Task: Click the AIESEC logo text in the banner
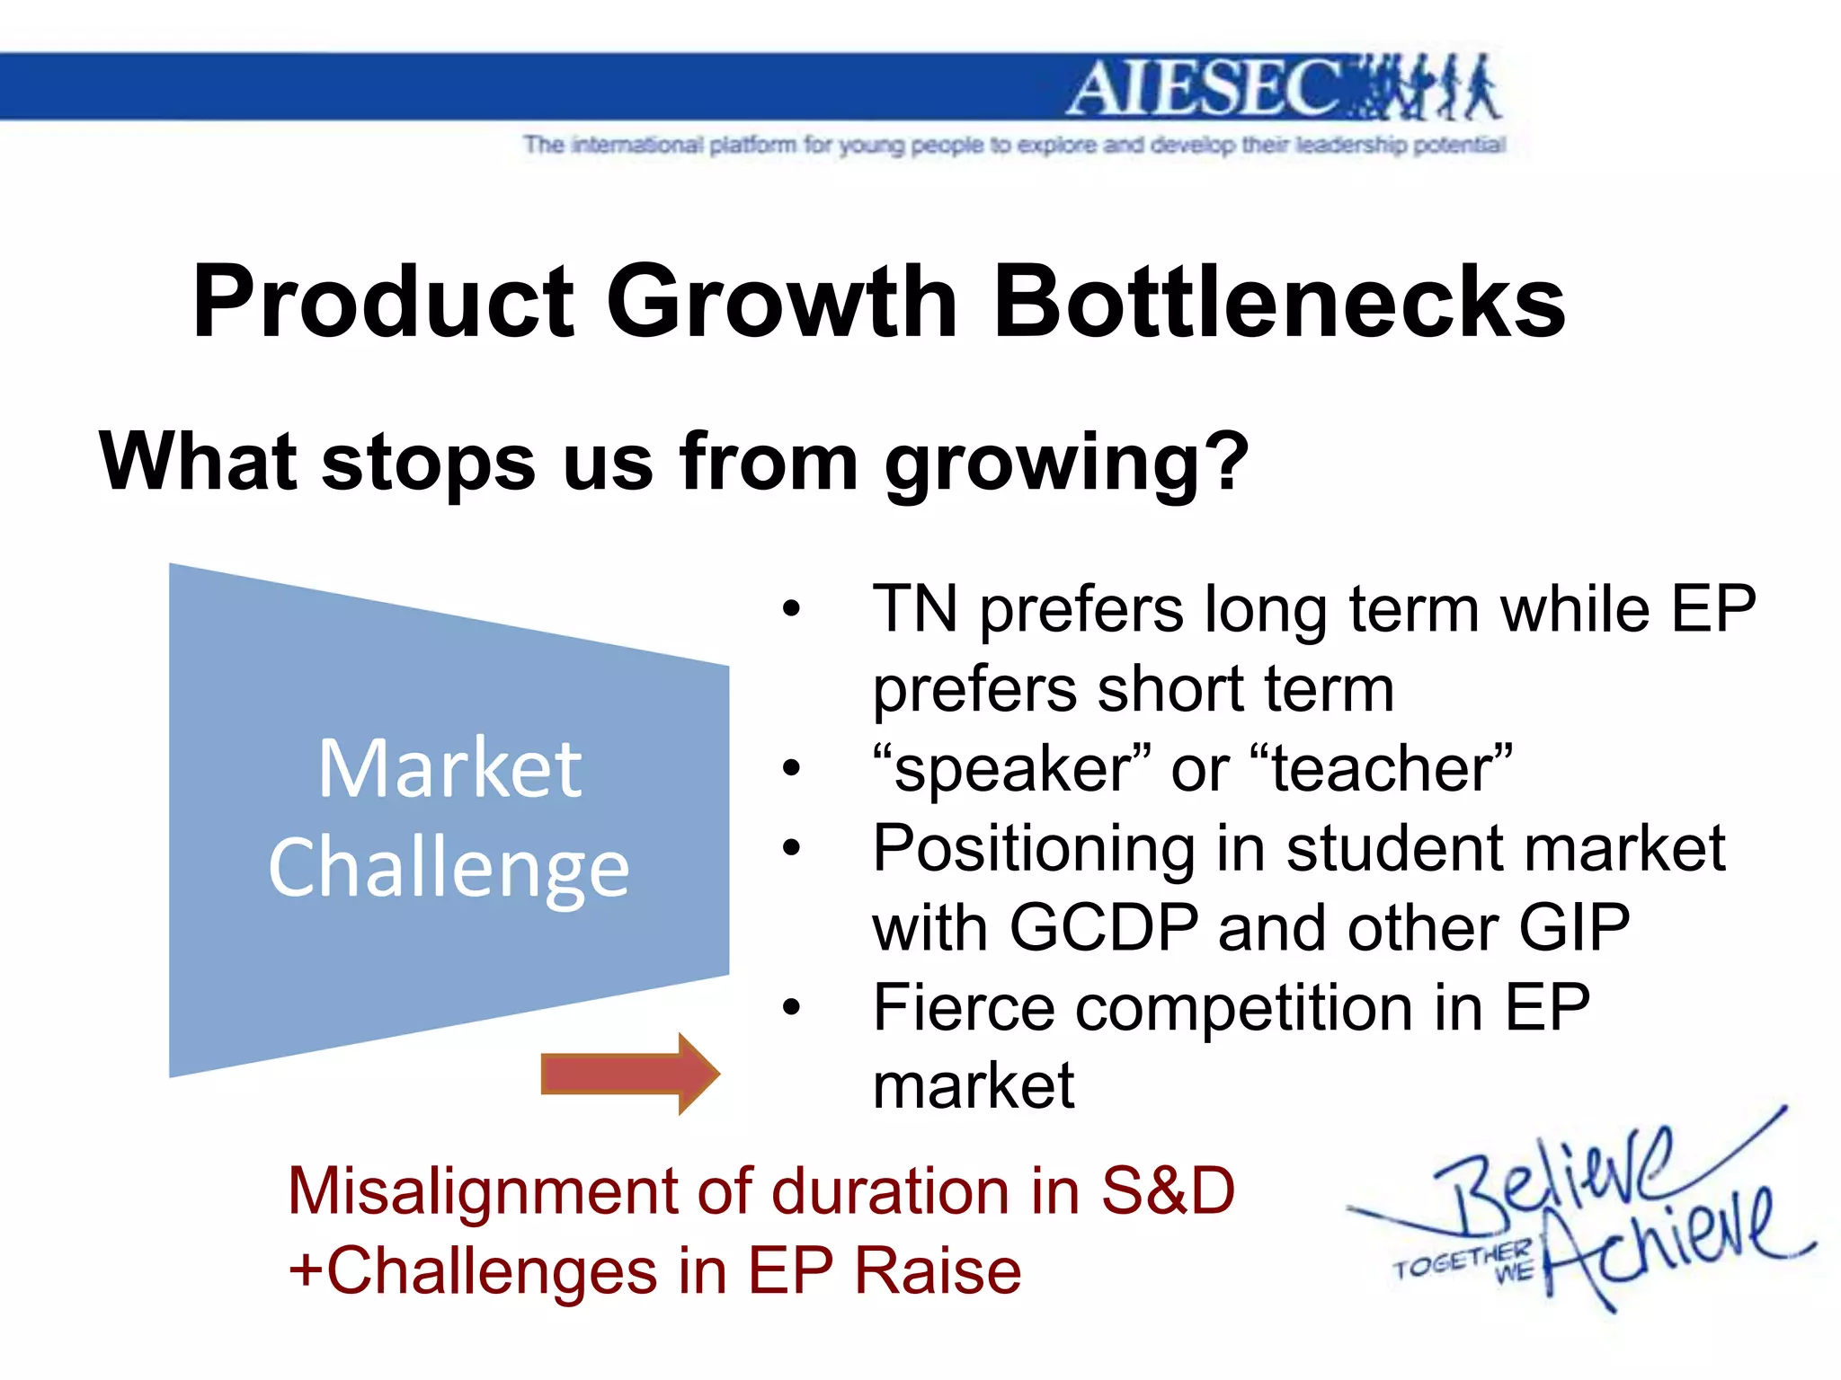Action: [1205, 89]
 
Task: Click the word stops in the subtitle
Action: [428, 462]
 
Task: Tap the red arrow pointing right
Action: [629, 1074]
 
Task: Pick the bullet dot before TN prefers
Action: [790, 609]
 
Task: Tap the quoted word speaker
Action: [1012, 769]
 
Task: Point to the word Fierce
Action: [964, 1007]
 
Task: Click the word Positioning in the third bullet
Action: [1035, 848]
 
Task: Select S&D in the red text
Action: [1168, 1191]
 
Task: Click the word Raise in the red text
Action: [937, 1271]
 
